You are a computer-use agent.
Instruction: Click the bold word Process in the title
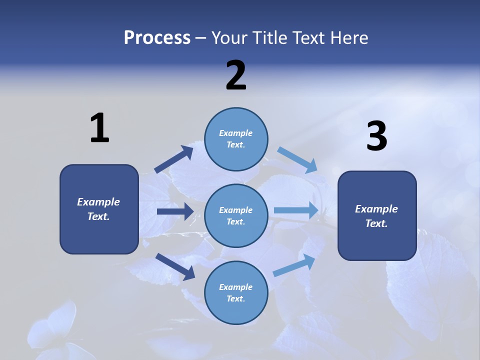tap(157, 38)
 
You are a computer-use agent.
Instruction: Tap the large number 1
tap(99, 128)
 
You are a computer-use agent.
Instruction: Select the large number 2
tap(236, 75)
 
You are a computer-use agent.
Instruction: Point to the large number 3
tap(376, 136)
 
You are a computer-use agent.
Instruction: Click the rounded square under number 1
tap(99, 209)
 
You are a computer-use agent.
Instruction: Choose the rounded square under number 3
tap(377, 215)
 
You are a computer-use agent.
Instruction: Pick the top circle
tap(236, 139)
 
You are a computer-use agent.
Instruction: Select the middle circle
tap(236, 215)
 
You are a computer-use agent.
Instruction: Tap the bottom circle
tap(236, 292)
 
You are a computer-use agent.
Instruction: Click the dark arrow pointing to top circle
tap(174, 159)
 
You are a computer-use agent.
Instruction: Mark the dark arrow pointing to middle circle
tap(175, 211)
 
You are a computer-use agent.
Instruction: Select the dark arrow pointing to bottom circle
tap(175, 266)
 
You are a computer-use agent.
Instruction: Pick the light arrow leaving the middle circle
tap(296, 210)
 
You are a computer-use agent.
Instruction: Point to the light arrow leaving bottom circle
tap(294, 265)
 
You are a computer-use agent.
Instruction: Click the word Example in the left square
tap(98, 202)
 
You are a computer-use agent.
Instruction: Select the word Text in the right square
tap(376, 223)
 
